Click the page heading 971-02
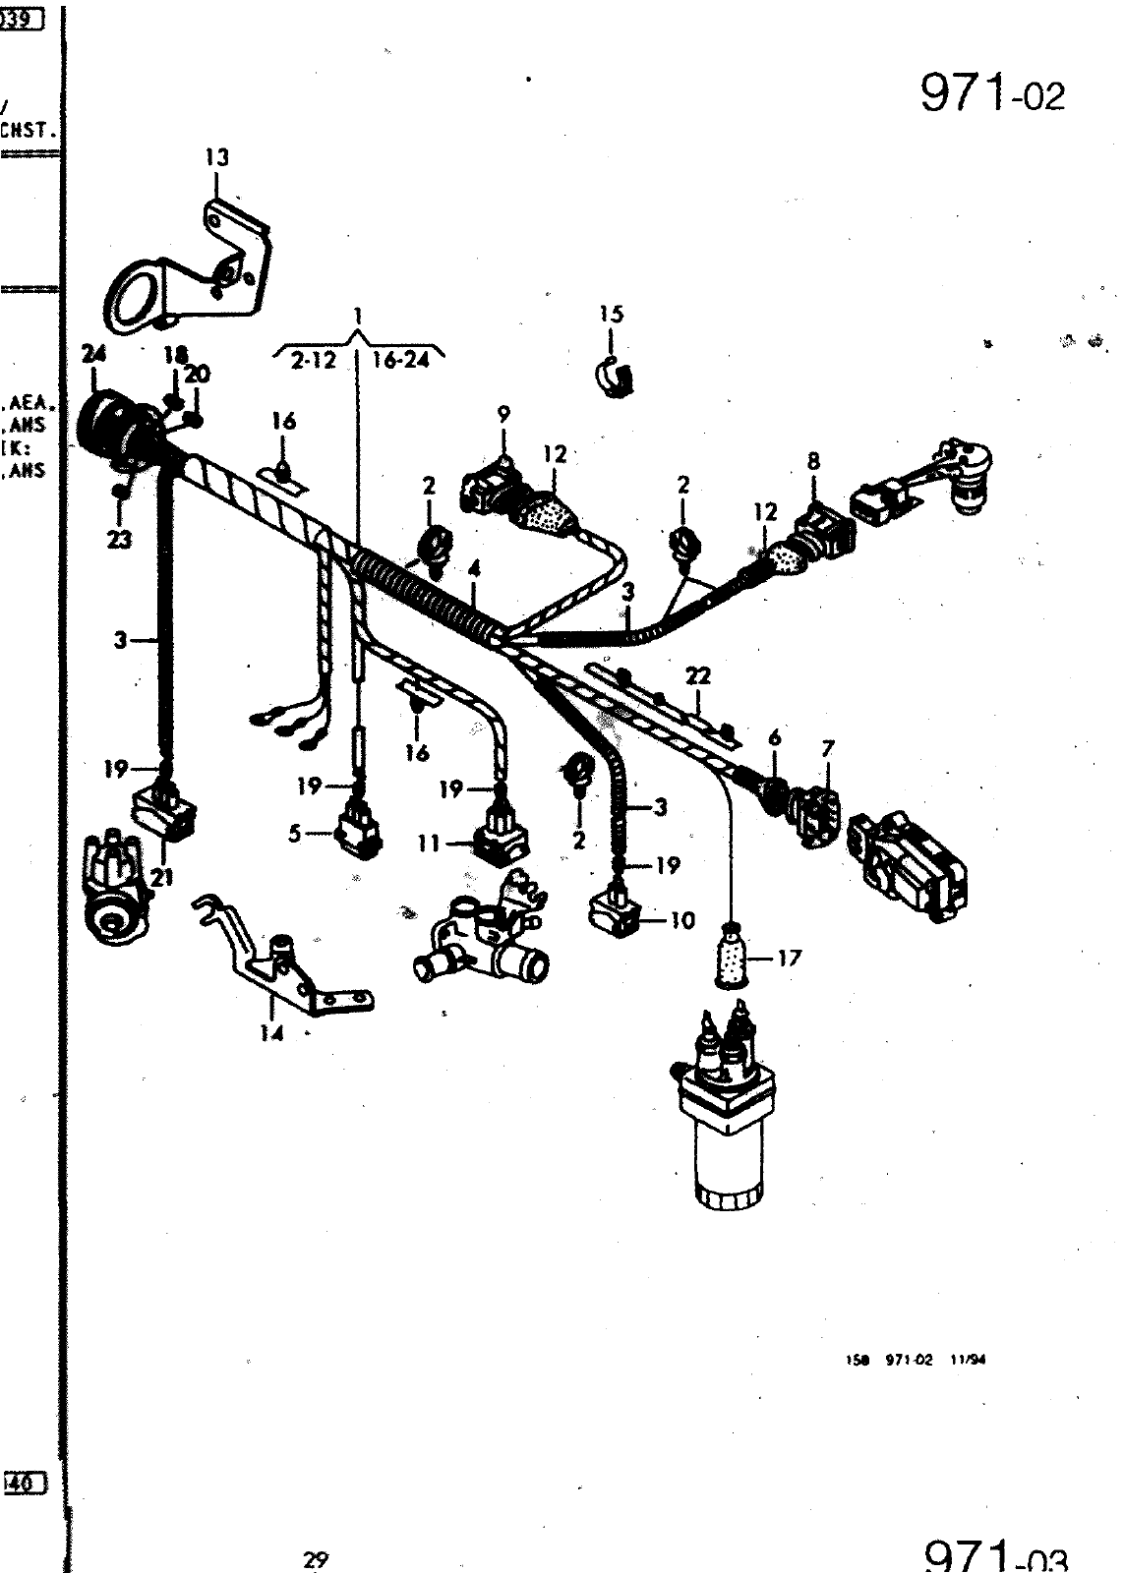[991, 94]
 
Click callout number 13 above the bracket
[216, 156]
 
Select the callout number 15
[611, 315]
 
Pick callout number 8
[813, 460]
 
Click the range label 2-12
[313, 361]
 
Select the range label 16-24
[401, 361]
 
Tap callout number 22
[698, 676]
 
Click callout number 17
[789, 957]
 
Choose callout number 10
[682, 921]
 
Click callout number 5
[294, 834]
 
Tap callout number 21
[162, 878]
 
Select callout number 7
[827, 750]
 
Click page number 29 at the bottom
[315, 1559]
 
